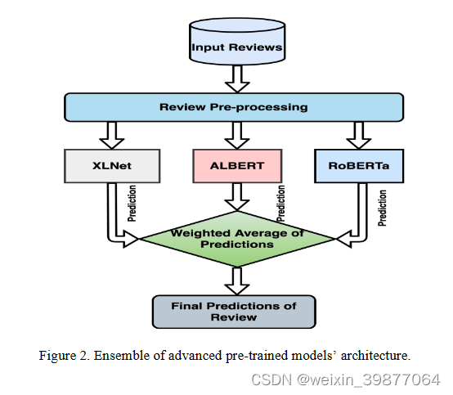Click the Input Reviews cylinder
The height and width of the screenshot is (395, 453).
(x=237, y=41)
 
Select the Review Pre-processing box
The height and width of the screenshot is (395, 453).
(x=234, y=107)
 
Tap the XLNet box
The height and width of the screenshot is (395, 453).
(x=112, y=166)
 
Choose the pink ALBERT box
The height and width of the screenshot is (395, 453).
(x=237, y=166)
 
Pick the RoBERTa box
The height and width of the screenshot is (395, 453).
(x=359, y=166)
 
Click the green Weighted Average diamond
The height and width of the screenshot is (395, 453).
(x=237, y=239)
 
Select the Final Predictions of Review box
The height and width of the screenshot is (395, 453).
(x=234, y=312)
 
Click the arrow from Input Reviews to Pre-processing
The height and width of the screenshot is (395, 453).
(x=237, y=79)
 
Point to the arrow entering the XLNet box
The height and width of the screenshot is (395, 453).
(x=112, y=135)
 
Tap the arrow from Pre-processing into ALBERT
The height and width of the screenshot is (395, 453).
(x=237, y=135)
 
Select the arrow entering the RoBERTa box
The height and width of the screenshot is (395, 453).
(x=359, y=135)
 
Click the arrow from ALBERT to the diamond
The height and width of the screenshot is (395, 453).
(x=237, y=197)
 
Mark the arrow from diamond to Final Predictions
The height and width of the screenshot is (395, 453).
(x=237, y=281)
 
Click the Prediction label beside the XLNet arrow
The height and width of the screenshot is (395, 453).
(x=132, y=204)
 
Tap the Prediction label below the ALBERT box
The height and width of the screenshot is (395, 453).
(x=280, y=204)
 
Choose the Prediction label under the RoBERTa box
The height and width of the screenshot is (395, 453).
(x=382, y=208)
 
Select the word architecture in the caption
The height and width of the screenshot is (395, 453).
(x=375, y=356)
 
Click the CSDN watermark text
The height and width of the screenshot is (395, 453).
(x=346, y=379)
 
